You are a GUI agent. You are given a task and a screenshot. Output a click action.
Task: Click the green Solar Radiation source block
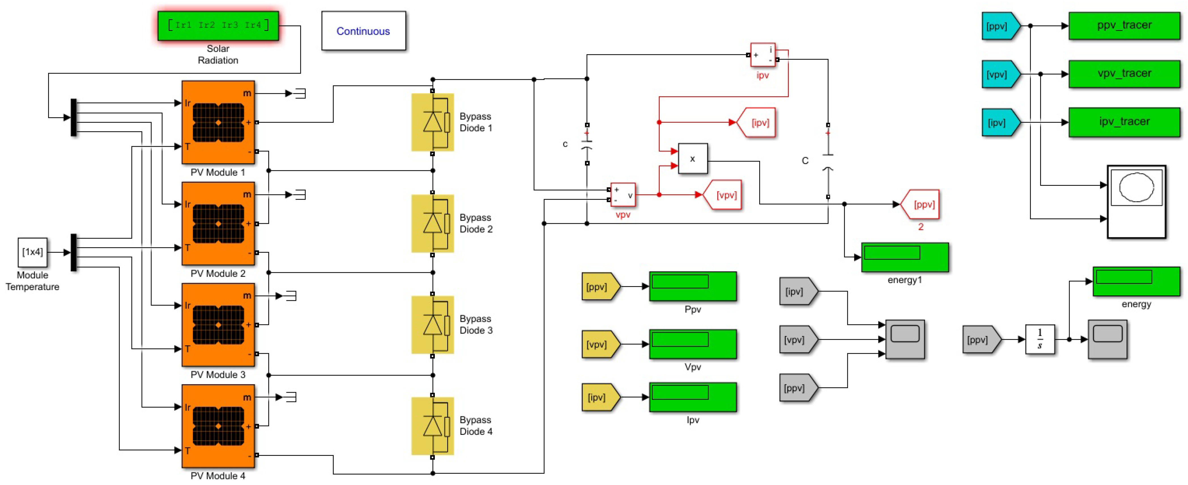(218, 26)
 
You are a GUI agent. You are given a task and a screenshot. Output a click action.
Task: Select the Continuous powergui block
(363, 31)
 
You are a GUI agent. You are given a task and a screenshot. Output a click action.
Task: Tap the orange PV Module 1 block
(218, 122)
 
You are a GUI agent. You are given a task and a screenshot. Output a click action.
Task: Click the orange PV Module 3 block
(218, 325)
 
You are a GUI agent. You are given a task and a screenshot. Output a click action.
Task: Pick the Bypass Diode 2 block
(433, 224)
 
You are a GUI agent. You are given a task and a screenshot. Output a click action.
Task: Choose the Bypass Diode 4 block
(433, 426)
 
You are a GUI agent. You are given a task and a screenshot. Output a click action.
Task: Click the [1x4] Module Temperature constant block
(32, 252)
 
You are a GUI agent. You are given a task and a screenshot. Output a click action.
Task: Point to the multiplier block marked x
(692, 159)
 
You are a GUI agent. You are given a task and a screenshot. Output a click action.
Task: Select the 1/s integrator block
(1040, 339)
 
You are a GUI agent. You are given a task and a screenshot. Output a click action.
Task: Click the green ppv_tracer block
(1124, 26)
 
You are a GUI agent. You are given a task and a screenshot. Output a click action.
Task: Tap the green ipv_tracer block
(1124, 122)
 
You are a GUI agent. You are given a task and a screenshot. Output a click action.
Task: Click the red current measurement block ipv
(763, 55)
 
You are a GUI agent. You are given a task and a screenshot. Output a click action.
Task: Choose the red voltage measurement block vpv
(623, 195)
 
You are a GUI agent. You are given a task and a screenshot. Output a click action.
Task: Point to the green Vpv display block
(692, 344)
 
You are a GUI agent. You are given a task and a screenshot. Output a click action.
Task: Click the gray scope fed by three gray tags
(904, 339)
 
